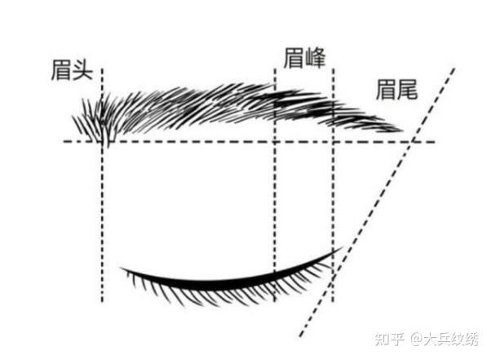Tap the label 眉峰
tap(305, 58)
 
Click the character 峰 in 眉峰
tap(316, 58)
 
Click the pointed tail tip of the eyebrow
tap(402, 130)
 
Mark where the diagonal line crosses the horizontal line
tap(413, 141)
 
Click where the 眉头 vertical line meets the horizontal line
tap(103, 141)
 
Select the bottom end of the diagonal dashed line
tap(300, 336)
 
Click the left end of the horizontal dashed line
tap(64, 141)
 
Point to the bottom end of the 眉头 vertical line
tap(103, 301)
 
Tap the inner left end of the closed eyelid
tap(122, 268)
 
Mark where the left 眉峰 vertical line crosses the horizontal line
tap(275, 141)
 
